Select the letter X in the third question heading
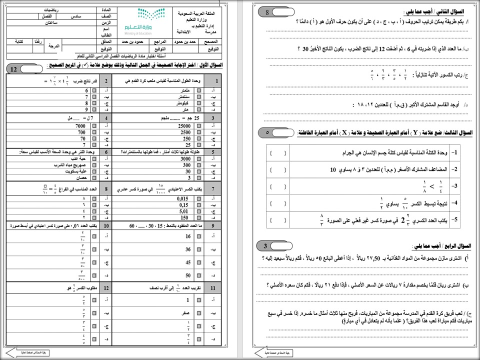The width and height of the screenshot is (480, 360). (x=343, y=132)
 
